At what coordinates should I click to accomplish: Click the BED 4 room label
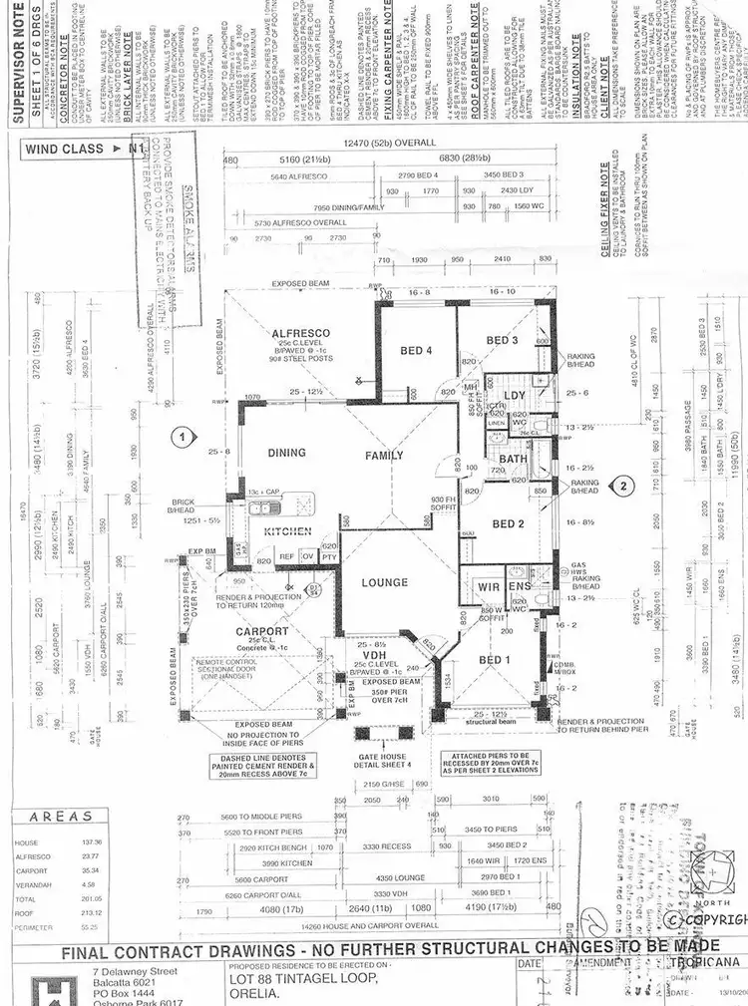pyautogui.click(x=417, y=349)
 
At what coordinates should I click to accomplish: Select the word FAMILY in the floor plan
pyautogui.click(x=384, y=456)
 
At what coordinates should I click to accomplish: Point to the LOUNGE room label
pyautogui.click(x=386, y=582)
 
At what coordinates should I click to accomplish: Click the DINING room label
pyautogui.click(x=286, y=453)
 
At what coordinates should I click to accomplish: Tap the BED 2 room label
pyautogui.click(x=508, y=523)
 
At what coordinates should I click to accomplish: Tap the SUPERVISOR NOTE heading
pyautogui.click(x=17, y=60)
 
